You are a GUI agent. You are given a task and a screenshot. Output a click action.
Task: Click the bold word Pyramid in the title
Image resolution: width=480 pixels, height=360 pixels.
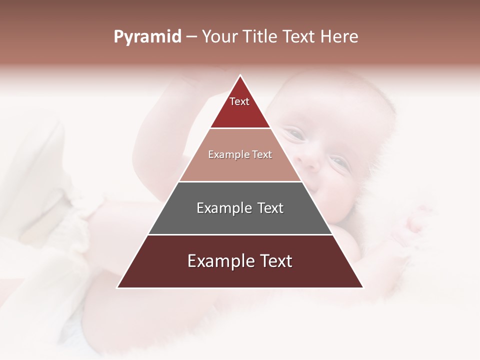click(x=147, y=37)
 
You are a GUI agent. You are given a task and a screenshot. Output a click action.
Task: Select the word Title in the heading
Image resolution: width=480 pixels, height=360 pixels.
click(x=260, y=37)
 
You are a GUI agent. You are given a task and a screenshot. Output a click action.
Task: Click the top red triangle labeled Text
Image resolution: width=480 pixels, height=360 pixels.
click(x=240, y=107)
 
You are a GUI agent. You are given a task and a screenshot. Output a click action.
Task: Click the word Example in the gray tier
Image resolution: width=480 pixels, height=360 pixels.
click(x=223, y=208)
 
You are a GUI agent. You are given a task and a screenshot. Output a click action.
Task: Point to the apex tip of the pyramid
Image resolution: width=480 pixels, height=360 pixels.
click(x=240, y=76)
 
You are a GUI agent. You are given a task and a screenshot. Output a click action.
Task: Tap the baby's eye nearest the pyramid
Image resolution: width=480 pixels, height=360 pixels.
click(x=295, y=134)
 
